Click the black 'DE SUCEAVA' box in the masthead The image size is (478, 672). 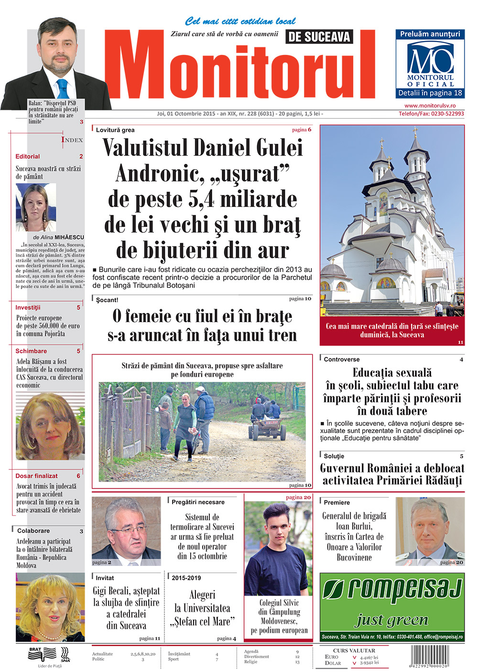[x=319, y=37]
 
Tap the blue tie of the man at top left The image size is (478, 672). [x=63, y=88]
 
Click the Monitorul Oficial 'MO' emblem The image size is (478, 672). [x=430, y=59]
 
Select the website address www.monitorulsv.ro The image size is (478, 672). [x=430, y=106]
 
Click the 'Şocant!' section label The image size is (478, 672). [x=107, y=300]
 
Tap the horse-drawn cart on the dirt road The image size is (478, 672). [x=266, y=421]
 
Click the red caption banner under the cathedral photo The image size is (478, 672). [x=391, y=331]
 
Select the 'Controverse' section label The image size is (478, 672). [x=341, y=359]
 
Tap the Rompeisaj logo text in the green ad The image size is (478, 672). [x=392, y=590]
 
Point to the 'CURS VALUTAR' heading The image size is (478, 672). [x=354, y=650]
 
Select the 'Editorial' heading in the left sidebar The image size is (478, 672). [x=28, y=156]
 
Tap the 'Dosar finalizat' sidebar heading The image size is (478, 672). [x=36, y=476]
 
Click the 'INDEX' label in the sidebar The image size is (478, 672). [x=72, y=140]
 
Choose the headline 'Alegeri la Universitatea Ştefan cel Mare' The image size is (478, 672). [x=202, y=608]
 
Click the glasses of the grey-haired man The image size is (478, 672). [x=127, y=531]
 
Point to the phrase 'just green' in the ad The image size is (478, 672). [x=391, y=620]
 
